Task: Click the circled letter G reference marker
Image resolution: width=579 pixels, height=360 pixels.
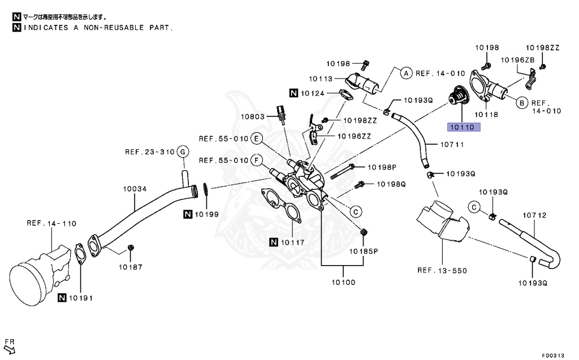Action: pyautogui.click(x=182, y=151)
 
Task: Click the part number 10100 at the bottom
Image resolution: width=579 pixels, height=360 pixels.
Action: pyautogui.click(x=343, y=281)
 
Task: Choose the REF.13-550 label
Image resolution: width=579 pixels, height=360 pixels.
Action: pyautogui.click(x=442, y=270)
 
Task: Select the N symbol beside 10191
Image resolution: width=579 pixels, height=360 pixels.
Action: pyautogui.click(x=62, y=297)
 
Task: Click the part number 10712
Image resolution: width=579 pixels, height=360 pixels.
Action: pyautogui.click(x=534, y=215)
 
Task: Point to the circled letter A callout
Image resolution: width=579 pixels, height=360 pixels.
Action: pyautogui.click(x=405, y=72)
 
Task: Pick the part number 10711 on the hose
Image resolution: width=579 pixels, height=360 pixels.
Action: pyautogui.click(x=437, y=145)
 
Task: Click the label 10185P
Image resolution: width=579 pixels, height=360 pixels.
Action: pyautogui.click(x=363, y=250)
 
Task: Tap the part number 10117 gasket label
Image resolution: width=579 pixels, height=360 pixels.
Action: pyautogui.click(x=293, y=242)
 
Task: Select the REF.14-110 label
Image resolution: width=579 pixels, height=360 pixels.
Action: pyautogui.click(x=51, y=223)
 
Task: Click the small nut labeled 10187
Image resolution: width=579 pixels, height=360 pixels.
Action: pyautogui.click(x=131, y=248)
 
